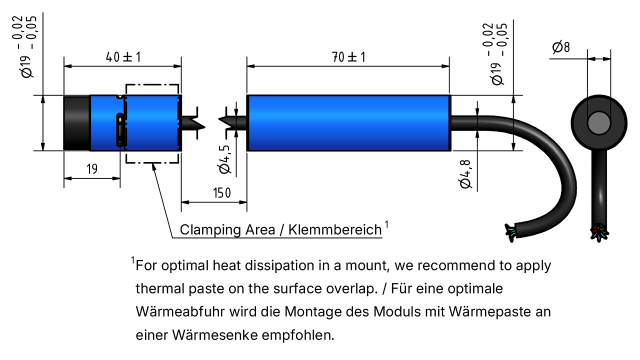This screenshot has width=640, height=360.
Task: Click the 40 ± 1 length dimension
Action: point(123,57)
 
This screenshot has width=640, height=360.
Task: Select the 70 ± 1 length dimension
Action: point(348,57)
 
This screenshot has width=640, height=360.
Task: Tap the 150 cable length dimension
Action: point(221,193)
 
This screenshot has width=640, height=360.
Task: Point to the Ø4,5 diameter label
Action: point(224,159)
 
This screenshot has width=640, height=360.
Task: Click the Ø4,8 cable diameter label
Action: point(465,174)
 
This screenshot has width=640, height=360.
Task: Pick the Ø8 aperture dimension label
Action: point(561,47)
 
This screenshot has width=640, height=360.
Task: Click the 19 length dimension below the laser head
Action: point(92,169)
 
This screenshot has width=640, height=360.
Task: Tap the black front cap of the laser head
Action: point(76,123)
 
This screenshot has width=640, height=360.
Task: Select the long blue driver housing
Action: point(349,123)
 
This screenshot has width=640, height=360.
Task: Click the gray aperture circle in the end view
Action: point(599,123)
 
